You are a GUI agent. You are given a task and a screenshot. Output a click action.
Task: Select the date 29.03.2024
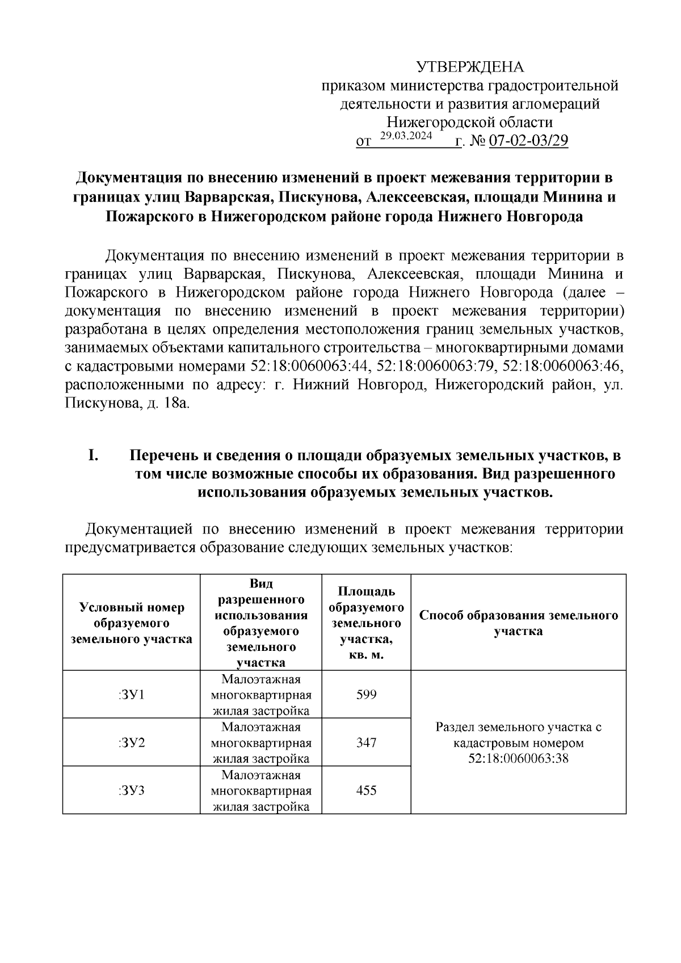(x=406, y=136)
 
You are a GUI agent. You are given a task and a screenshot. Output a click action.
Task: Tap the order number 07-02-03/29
(x=528, y=141)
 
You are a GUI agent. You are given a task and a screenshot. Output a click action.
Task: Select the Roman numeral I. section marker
(x=94, y=455)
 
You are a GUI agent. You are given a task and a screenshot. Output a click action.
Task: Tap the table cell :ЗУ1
(x=131, y=694)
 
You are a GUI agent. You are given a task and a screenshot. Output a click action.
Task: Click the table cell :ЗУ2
(x=131, y=742)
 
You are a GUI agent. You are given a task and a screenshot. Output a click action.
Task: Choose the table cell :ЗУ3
(x=131, y=790)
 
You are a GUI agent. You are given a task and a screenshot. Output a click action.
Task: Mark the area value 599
(x=366, y=694)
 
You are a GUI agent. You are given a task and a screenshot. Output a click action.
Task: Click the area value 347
(x=366, y=742)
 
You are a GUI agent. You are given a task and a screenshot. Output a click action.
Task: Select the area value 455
(x=366, y=790)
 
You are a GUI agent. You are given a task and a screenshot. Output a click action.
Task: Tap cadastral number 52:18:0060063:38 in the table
(x=518, y=759)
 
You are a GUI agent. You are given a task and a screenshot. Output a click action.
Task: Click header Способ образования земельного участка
(x=518, y=623)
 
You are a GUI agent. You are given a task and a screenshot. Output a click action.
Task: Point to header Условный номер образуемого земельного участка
(x=131, y=623)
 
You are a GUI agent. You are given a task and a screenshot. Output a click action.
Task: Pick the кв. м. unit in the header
(x=366, y=654)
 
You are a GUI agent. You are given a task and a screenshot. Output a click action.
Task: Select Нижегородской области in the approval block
(x=469, y=122)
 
